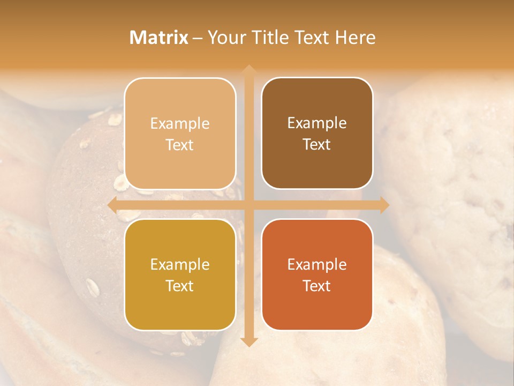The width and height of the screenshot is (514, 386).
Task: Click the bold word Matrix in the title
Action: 159,38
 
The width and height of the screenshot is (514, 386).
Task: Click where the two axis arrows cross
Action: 248,205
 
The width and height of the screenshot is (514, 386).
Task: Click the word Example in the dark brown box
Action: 317,123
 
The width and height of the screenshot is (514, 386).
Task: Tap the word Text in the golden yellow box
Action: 180,286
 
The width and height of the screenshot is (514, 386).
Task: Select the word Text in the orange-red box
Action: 317,286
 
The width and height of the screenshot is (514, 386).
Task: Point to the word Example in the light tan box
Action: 180,123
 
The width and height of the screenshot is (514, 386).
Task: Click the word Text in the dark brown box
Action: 317,145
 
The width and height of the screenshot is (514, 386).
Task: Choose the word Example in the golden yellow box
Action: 180,264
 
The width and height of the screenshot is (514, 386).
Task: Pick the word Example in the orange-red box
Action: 317,264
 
